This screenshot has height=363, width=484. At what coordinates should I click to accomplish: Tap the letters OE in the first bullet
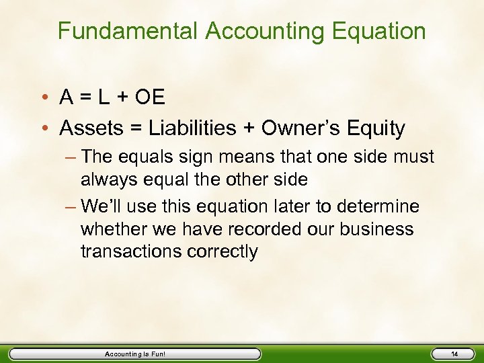pos(149,97)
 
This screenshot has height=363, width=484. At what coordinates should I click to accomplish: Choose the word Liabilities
pos(190,128)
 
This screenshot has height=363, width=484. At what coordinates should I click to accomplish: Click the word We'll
pos(101,206)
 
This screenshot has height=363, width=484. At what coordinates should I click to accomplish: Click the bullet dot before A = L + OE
pos(49,98)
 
